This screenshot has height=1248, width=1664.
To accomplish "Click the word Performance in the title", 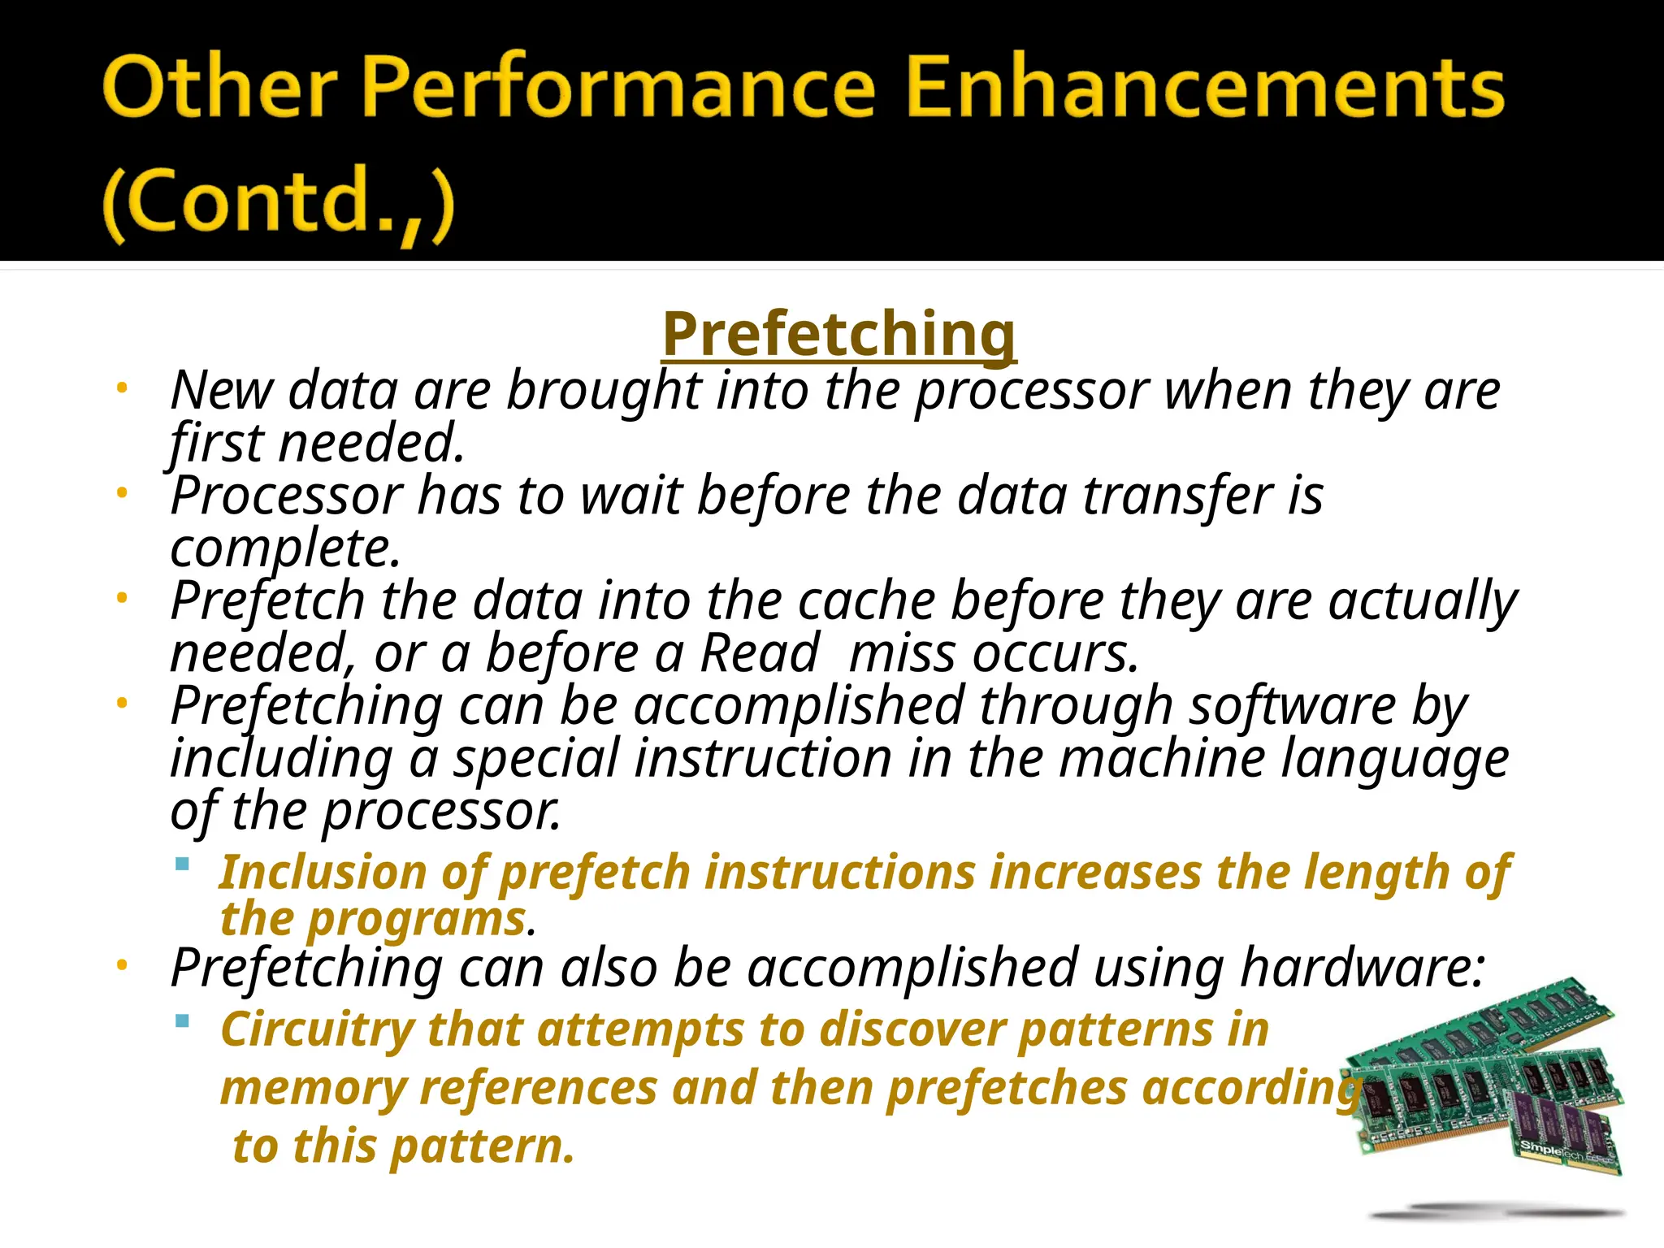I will (617, 88).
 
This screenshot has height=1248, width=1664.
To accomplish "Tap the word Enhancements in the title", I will (1204, 88).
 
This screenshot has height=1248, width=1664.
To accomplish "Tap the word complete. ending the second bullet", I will (285, 548).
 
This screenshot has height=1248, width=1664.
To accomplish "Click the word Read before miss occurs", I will (760, 653).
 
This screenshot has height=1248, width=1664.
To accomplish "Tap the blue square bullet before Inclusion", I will (183, 864).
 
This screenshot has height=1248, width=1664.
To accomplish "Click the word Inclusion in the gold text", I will (323, 873).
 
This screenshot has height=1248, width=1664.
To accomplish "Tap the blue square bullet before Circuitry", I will (183, 1020).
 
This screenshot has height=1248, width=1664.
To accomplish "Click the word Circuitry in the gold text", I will (316, 1030).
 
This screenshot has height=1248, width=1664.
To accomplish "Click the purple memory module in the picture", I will (1564, 1129).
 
